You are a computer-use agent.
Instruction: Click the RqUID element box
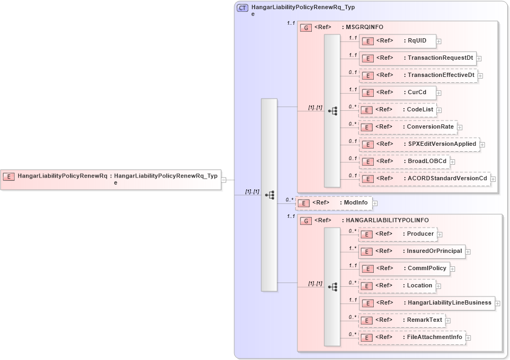coord(397,41)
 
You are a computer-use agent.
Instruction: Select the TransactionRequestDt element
coord(417,58)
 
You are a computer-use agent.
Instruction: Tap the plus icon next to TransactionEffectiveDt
coord(480,75)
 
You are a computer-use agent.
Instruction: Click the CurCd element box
coord(397,93)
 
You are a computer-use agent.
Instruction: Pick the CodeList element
coord(397,110)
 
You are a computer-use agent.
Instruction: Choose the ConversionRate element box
coord(408,127)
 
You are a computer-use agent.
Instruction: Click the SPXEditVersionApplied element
coord(419,144)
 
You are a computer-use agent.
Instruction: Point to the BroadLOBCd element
coord(404,161)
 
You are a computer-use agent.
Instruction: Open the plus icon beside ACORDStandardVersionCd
coord(493,179)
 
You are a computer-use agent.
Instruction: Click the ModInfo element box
coord(334,203)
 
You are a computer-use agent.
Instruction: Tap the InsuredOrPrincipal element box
coord(411,251)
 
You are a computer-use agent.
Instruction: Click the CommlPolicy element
coord(404,269)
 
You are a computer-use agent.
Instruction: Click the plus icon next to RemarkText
coord(448,321)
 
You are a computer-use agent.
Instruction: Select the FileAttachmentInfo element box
coord(411,337)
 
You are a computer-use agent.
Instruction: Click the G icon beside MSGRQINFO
coord(305,27)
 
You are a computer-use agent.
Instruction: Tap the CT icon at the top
coord(243,8)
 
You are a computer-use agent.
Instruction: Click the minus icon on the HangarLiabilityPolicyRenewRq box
coord(223,180)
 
